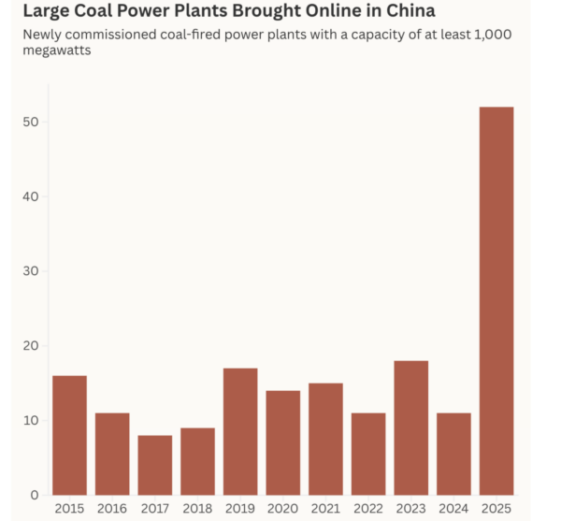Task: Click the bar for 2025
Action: pos(496,301)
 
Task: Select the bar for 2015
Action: pos(69,435)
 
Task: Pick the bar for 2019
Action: pos(240,431)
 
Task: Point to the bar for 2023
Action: pos(411,427)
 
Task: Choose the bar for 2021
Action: pos(325,439)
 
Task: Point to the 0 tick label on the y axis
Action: pos(34,495)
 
